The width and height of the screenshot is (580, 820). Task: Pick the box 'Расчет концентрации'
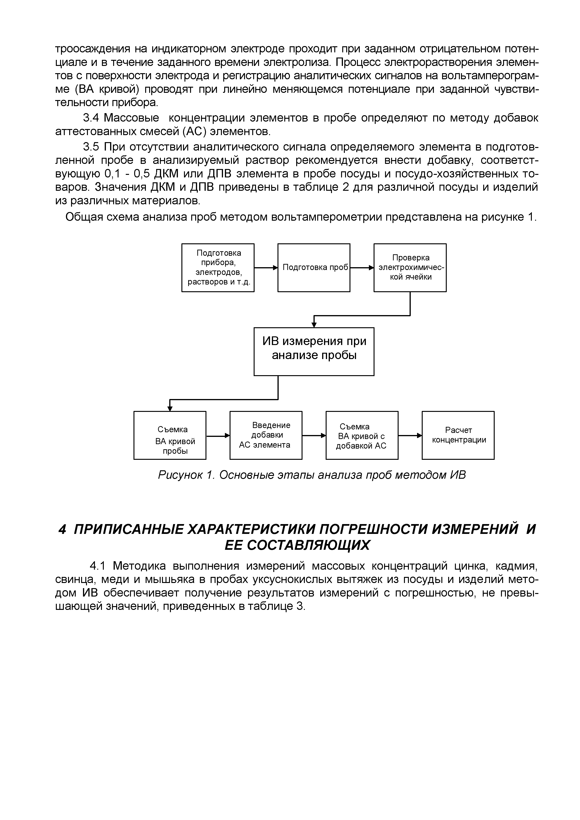(458, 435)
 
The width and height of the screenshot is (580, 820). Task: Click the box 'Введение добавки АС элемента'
(266, 435)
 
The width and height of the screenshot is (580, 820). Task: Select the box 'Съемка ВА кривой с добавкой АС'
(362, 435)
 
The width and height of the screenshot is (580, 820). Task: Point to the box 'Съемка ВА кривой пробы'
(170, 435)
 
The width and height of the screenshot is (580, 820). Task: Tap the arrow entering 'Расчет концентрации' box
(410, 435)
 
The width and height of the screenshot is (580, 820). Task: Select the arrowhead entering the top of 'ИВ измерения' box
(314, 325)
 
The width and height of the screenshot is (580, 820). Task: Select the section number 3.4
(91, 118)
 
